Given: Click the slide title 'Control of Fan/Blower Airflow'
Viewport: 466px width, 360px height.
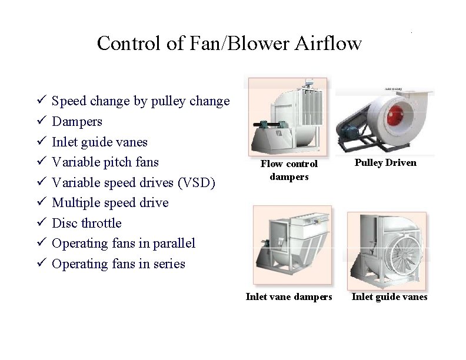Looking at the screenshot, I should (x=229, y=43).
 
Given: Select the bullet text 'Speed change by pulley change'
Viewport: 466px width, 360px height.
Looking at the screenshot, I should (x=141, y=101).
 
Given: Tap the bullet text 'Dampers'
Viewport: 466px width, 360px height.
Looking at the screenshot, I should (x=77, y=122).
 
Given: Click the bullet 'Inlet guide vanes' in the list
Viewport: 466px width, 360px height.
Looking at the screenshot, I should (x=99, y=142).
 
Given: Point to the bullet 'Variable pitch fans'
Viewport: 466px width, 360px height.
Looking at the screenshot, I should (x=105, y=162).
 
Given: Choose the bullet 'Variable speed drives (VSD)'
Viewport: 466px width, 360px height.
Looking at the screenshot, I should (x=134, y=183).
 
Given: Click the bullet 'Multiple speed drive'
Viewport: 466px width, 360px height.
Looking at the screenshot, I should (x=110, y=203).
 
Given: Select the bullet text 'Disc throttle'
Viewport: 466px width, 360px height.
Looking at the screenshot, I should (x=86, y=224).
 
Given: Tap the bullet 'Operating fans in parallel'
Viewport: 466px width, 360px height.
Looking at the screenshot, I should (x=124, y=244).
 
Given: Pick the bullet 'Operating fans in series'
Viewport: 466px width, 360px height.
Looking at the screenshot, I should (x=118, y=264).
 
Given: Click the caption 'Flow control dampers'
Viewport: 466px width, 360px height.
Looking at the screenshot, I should (x=289, y=170).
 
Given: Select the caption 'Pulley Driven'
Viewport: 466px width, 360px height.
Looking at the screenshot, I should (x=385, y=163).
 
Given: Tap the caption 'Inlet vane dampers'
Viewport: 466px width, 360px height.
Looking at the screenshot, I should (x=289, y=296).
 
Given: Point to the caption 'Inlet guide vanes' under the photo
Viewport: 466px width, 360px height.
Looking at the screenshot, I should (x=390, y=296).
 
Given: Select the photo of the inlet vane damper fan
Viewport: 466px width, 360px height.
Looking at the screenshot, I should (x=292, y=245).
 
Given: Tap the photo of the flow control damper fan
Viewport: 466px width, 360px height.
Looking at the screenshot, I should (x=288, y=116).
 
